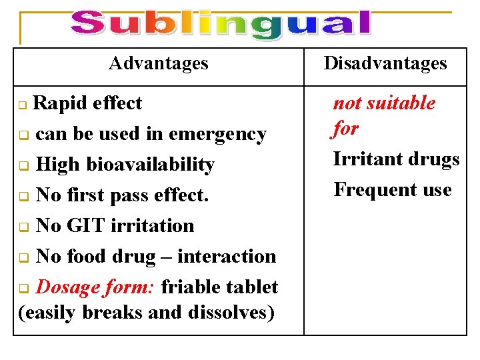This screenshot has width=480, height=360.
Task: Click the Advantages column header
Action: pos(159,63)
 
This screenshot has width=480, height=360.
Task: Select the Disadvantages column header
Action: pos(385,63)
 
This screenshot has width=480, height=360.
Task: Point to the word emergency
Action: pos(218,134)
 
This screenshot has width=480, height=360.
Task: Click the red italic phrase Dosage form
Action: pos(95,287)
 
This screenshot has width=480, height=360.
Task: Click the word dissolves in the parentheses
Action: pos(231,312)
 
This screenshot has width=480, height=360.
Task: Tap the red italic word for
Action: pos(345,128)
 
